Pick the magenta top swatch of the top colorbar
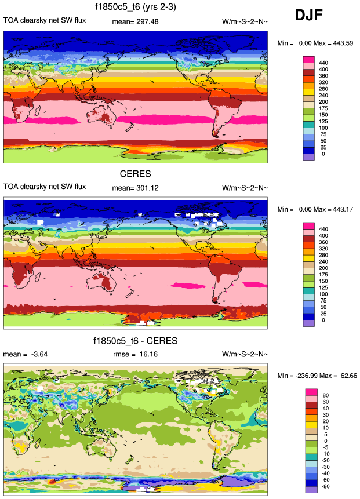tap(309, 59)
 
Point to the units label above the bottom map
tap(245, 354)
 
